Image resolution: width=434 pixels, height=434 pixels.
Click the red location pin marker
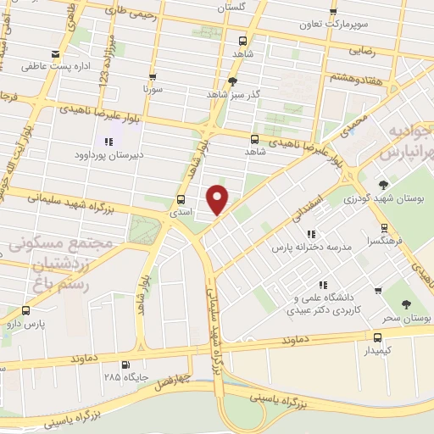(x=218, y=198)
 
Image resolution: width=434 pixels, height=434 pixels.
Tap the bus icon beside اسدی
(x=180, y=200)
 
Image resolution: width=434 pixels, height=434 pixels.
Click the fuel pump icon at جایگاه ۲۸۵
(x=126, y=365)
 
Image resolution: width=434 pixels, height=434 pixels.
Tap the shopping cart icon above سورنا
(x=153, y=75)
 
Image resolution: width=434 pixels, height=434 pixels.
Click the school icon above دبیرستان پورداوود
(x=108, y=142)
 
